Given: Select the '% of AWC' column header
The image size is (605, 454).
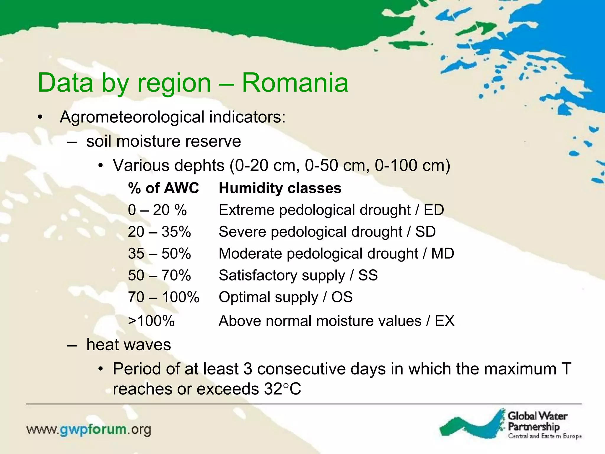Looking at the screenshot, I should point(163,188).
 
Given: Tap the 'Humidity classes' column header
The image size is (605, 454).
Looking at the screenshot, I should point(280,188).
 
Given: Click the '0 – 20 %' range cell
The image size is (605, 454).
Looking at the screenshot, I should point(157,210).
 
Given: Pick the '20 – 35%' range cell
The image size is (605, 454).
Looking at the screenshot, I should point(159,232).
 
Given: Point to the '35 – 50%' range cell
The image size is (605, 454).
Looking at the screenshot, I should point(159,254).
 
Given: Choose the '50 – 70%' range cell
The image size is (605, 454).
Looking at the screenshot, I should point(159,275).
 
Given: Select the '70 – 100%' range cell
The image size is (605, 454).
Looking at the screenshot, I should point(163,297).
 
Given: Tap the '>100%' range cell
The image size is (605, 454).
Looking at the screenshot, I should point(151,321).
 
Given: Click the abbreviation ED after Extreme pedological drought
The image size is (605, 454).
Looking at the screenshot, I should point(434,210).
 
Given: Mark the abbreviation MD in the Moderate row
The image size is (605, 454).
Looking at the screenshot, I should point(442,254).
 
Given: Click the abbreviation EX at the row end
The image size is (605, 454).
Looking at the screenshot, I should point(444,321).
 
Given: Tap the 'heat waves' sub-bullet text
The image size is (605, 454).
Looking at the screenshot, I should point(129,345).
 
